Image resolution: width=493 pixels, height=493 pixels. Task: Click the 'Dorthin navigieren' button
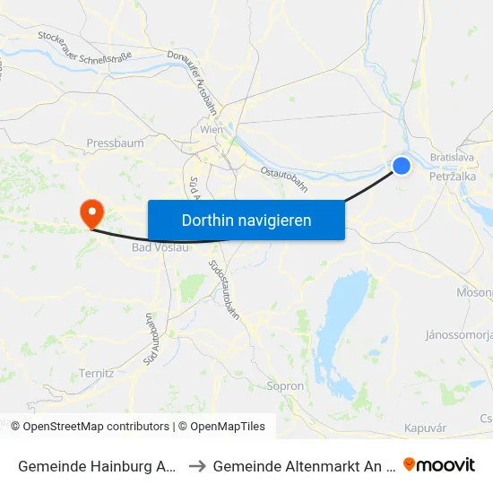point(246,220)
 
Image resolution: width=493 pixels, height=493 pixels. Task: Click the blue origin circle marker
point(402,165)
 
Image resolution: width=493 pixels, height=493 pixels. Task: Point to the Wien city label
point(212,130)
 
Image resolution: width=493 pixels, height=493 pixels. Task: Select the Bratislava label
point(452,157)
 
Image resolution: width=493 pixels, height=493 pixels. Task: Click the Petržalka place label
point(453,177)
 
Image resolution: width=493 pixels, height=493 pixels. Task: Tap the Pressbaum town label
point(108,143)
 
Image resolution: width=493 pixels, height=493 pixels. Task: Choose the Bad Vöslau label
point(160,247)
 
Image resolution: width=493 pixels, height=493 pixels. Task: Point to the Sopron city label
point(286,385)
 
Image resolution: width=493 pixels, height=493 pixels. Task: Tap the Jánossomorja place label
point(459,335)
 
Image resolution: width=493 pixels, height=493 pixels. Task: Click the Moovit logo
point(439,464)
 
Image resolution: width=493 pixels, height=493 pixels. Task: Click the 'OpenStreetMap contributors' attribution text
point(96,427)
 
